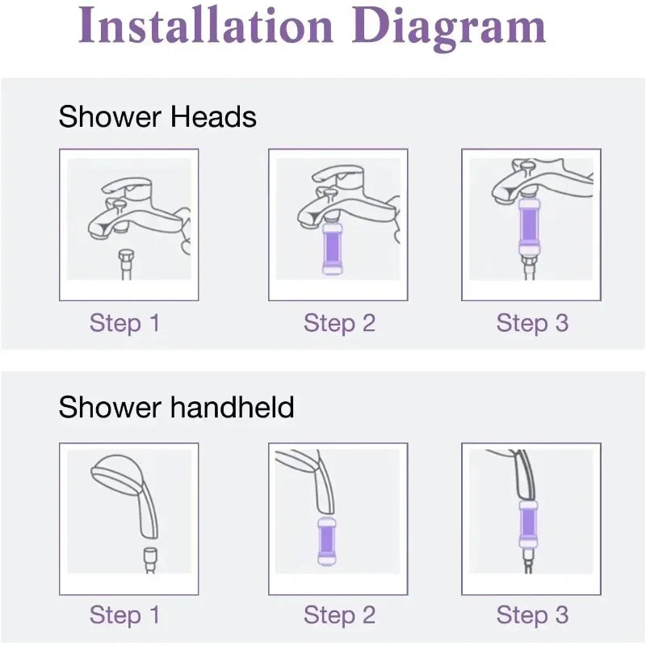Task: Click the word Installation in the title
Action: (205, 25)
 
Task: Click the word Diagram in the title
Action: (449, 28)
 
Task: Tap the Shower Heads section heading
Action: (157, 116)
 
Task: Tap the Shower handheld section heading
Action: (176, 407)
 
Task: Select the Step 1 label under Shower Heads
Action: (124, 323)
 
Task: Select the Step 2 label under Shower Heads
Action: (339, 323)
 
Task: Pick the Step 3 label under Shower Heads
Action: (532, 323)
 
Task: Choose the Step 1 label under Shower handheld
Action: (124, 615)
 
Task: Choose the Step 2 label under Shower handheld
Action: (339, 615)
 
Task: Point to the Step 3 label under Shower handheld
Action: (532, 615)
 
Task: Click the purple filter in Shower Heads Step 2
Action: (331, 249)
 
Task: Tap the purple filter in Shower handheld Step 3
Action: (528, 523)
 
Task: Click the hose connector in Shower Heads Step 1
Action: (126, 265)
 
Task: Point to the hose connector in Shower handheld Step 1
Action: (150, 560)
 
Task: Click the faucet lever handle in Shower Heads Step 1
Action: (127, 186)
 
